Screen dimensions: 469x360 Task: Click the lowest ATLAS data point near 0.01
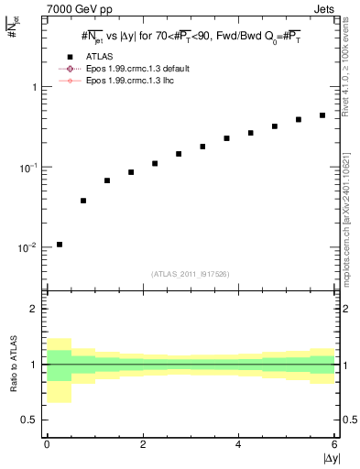click(60, 245)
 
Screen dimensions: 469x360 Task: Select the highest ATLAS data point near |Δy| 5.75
click(322, 115)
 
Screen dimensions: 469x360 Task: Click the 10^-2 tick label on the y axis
click(27, 248)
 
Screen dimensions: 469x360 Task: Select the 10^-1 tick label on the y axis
click(27, 168)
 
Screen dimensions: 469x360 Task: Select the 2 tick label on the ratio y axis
click(33, 309)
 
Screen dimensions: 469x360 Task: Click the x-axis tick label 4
click(238, 444)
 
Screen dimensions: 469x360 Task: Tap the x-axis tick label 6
click(334, 444)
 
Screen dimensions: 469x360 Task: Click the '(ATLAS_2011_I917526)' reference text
click(191, 273)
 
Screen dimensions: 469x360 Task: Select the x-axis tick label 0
click(47, 444)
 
